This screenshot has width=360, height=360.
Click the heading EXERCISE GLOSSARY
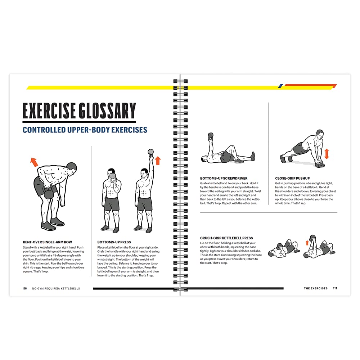tap(79, 111)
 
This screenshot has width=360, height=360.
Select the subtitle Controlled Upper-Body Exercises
tap(85, 130)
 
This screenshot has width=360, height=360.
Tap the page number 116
tap(24, 288)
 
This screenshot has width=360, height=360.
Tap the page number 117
tap(335, 288)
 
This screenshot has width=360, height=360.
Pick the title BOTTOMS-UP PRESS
tap(114, 242)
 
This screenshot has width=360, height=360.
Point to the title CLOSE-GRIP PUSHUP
tap(292, 178)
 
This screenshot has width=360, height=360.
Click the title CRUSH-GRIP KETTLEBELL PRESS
tap(226, 238)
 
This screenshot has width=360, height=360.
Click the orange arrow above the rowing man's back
tap(34, 162)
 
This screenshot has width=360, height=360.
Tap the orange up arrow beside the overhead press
tap(158, 161)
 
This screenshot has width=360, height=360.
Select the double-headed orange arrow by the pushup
tap(327, 154)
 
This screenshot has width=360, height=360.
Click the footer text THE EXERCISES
tap(316, 288)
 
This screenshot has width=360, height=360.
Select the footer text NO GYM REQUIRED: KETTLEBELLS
tap(56, 288)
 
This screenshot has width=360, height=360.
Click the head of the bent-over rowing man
tap(72, 168)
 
